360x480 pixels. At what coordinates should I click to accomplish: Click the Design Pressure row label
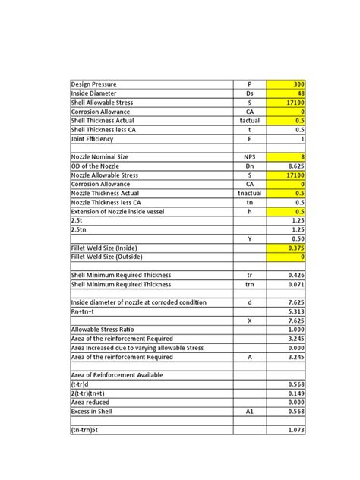coord(99,84)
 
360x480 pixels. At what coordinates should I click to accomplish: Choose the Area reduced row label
coord(90,402)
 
